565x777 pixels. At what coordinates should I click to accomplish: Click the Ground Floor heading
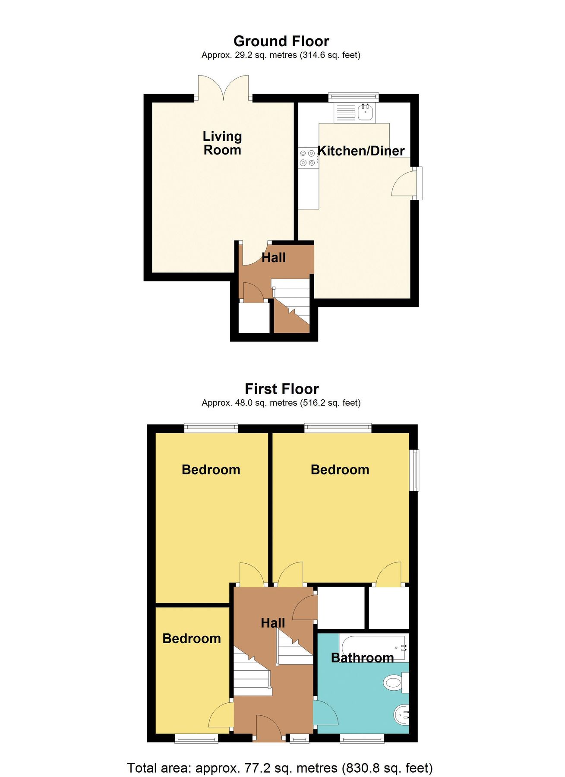tap(281, 41)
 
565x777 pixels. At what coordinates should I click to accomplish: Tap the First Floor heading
tap(282, 389)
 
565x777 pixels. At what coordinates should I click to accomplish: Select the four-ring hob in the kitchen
tap(307, 158)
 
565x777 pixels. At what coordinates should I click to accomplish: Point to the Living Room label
tap(222, 143)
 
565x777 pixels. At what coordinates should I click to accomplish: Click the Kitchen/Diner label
tap(361, 151)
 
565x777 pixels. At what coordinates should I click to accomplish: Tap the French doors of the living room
tap(223, 88)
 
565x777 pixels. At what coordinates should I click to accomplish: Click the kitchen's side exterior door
tap(407, 183)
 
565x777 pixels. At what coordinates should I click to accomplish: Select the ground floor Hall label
tap(274, 258)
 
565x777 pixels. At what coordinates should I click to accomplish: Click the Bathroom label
tap(362, 658)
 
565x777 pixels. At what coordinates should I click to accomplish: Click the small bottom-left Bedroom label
tap(192, 638)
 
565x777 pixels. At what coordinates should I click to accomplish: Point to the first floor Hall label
tap(273, 623)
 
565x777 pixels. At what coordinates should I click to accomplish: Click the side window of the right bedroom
tap(414, 470)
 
